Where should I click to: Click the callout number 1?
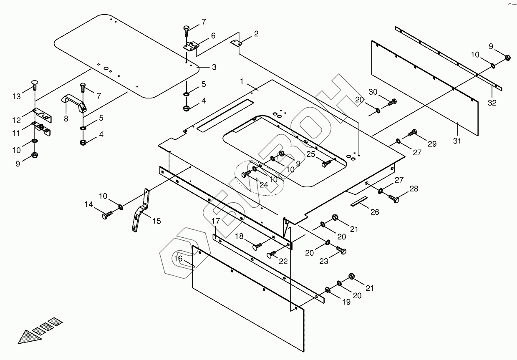[242, 81]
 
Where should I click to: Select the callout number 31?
[457, 141]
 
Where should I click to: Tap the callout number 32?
[492, 103]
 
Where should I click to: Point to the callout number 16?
[179, 259]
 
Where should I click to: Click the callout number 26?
[375, 212]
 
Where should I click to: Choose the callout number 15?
[156, 221]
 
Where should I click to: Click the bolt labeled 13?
[35, 86]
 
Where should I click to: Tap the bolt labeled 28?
[394, 199]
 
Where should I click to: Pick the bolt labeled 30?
[392, 102]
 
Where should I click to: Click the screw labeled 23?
[341, 251]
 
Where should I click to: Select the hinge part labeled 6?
[191, 46]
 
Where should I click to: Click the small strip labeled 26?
[359, 201]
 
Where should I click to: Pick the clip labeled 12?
[43, 114]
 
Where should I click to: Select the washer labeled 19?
[328, 290]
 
